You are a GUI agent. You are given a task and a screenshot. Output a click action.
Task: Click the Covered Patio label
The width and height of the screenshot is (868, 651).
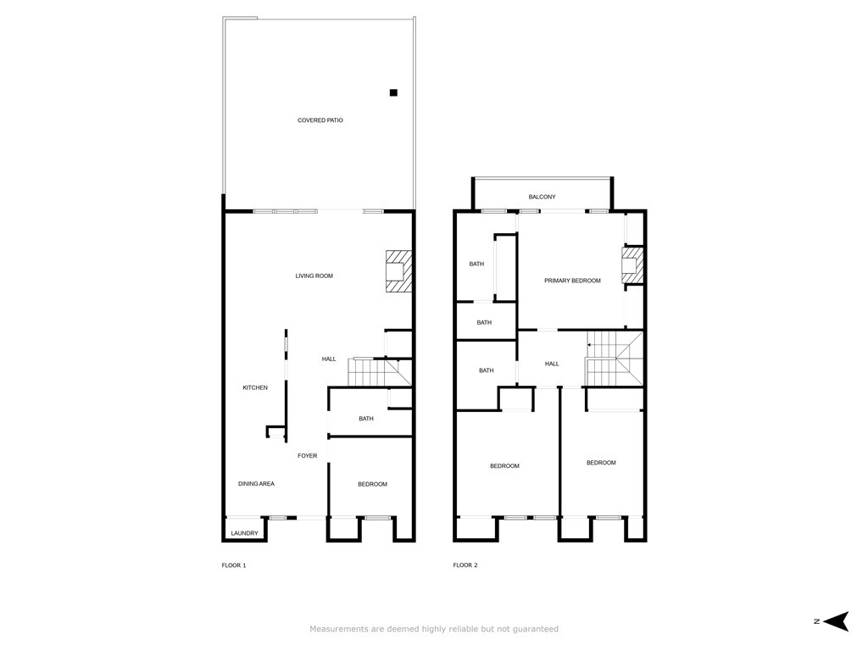(320, 120)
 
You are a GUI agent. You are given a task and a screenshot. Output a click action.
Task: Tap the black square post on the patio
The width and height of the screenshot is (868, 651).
(393, 92)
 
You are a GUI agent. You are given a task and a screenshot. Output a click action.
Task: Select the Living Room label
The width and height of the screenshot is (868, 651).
(314, 275)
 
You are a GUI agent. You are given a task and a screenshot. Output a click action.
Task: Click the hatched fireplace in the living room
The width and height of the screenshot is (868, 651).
(399, 271)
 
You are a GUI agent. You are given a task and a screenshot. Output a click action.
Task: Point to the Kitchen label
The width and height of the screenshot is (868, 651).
(255, 387)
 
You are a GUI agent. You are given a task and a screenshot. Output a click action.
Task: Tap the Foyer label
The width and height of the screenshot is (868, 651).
(307, 455)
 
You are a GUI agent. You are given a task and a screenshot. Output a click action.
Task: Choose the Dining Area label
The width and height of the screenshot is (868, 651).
(256, 484)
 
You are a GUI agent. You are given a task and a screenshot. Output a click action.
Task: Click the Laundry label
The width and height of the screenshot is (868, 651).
(244, 533)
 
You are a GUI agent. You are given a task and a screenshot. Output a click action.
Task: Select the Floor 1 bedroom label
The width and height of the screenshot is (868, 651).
(373, 484)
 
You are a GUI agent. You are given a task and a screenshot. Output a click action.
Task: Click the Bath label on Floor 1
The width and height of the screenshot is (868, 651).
(366, 419)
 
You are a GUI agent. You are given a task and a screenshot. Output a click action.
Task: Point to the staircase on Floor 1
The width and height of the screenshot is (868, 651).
(380, 372)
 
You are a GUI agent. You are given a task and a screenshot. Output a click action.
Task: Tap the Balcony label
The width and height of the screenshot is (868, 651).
(542, 197)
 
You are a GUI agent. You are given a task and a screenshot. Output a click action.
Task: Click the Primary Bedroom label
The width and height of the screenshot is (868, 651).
(572, 281)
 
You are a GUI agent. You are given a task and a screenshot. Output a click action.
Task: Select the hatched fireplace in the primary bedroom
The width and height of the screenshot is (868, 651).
(632, 265)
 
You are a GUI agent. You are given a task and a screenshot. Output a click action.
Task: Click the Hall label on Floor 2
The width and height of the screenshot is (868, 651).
(552, 364)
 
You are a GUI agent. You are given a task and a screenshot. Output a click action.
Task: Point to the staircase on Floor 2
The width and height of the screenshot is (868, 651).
(615, 359)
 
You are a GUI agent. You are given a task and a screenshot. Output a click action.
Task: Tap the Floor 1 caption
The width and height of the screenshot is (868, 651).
(234, 565)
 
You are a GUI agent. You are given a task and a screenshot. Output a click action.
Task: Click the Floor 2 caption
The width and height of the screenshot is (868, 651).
(465, 565)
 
